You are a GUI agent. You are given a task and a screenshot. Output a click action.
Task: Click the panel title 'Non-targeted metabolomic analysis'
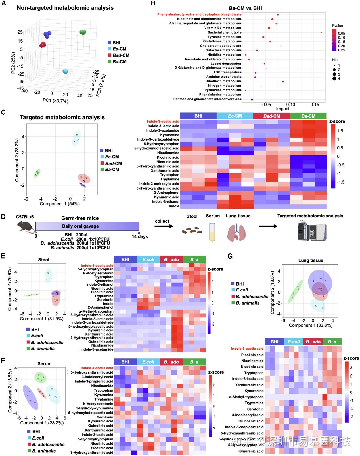(65, 8)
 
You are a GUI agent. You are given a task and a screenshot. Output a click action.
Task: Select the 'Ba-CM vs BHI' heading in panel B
(245, 8)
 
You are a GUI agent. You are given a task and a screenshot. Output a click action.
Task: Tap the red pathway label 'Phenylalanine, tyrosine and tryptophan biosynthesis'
(198, 14)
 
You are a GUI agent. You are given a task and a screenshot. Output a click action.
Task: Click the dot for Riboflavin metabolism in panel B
(283, 82)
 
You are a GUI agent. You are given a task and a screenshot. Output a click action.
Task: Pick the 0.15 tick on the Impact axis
(315, 105)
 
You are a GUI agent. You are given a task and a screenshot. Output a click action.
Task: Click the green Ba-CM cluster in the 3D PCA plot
(83, 32)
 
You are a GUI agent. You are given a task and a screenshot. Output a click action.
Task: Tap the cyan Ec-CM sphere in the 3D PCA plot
(65, 71)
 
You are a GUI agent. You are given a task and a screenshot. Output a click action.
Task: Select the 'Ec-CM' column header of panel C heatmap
(235, 116)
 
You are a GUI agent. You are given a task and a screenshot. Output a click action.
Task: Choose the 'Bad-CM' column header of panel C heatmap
(272, 116)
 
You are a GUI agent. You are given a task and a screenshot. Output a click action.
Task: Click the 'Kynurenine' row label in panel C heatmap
(169, 135)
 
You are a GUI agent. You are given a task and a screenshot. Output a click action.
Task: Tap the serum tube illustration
(212, 232)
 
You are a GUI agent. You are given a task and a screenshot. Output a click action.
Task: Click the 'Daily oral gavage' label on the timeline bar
(80, 226)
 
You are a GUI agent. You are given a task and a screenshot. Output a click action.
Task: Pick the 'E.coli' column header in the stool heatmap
(148, 259)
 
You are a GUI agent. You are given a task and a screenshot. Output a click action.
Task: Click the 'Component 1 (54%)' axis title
(60, 204)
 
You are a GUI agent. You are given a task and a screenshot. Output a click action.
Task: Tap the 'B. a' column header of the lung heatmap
(332, 342)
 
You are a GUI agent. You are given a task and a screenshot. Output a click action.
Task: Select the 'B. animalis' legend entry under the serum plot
(43, 451)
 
